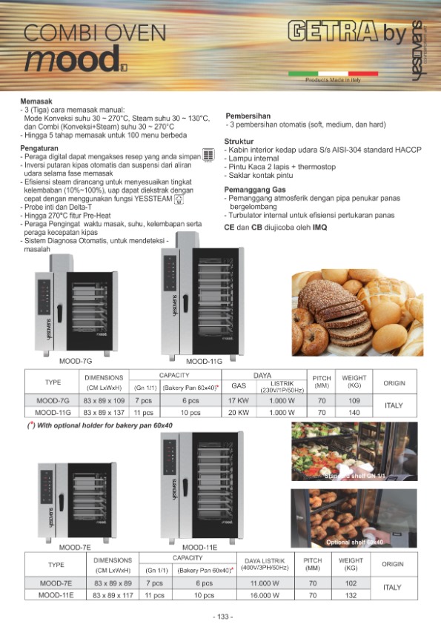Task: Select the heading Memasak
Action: tap(36, 102)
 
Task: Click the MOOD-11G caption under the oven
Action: tap(205, 361)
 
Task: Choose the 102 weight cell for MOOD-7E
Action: tap(351, 583)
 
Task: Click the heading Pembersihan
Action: tap(248, 116)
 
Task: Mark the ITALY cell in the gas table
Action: tap(393, 406)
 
